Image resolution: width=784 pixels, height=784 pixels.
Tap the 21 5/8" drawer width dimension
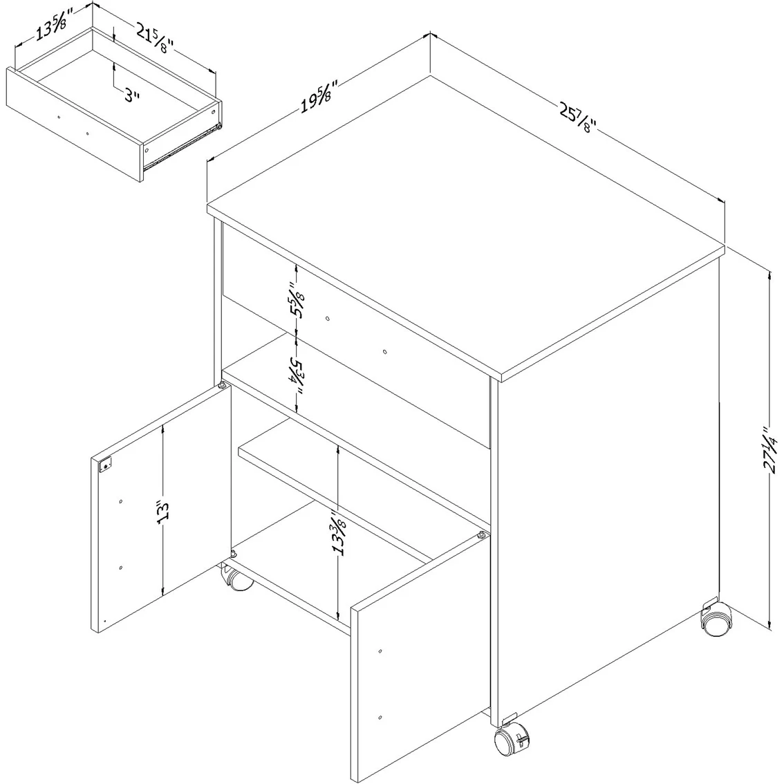(x=155, y=37)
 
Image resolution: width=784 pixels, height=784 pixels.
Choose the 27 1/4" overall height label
(x=769, y=449)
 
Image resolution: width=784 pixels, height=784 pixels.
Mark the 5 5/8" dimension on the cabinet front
(x=296, y=301)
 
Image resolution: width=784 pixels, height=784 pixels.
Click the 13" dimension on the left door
(x=163, y=512)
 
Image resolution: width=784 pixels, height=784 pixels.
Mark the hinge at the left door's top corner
(x=222, y=386)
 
